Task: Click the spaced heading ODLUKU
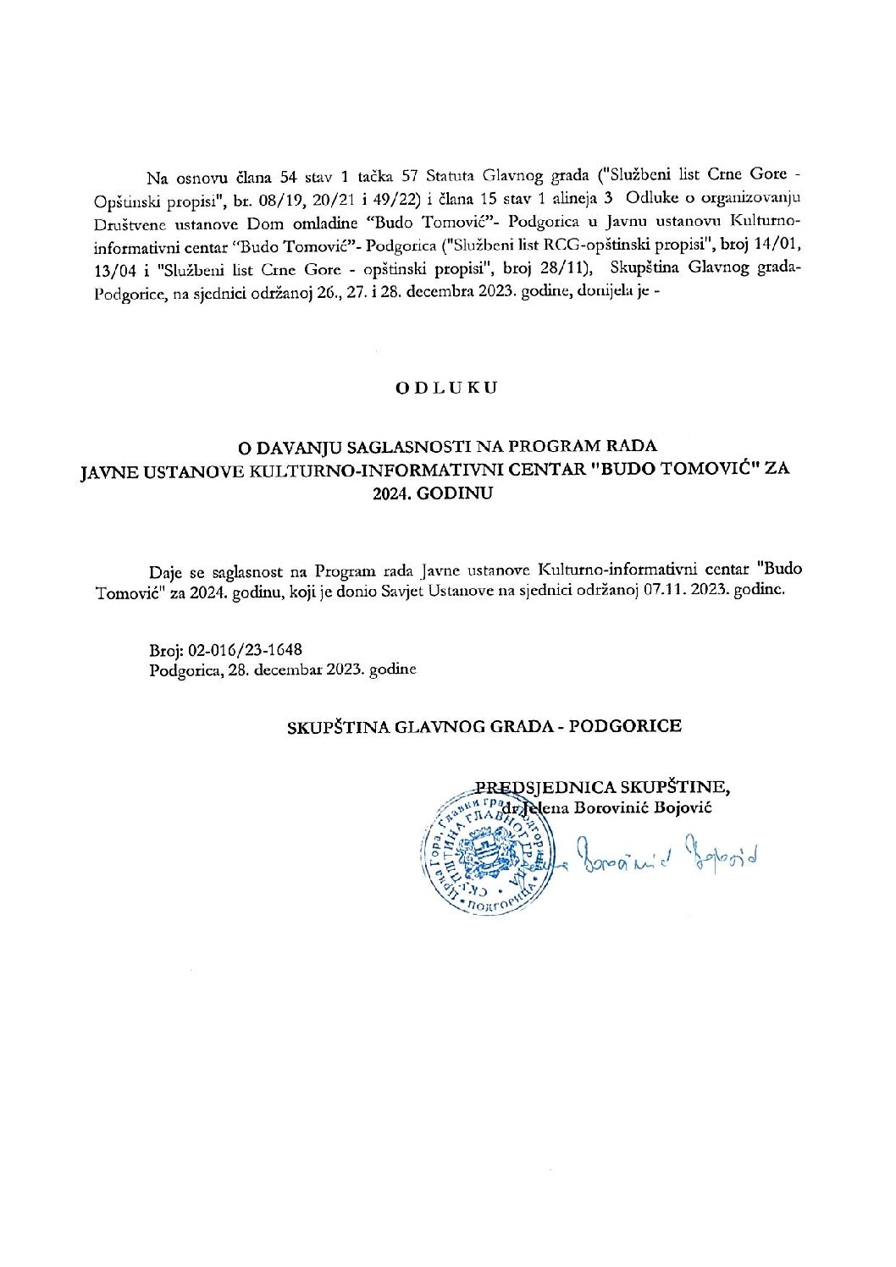pos(447,388)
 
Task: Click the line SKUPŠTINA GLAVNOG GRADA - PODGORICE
pos(484,726)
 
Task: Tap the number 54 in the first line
pos(290,178)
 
